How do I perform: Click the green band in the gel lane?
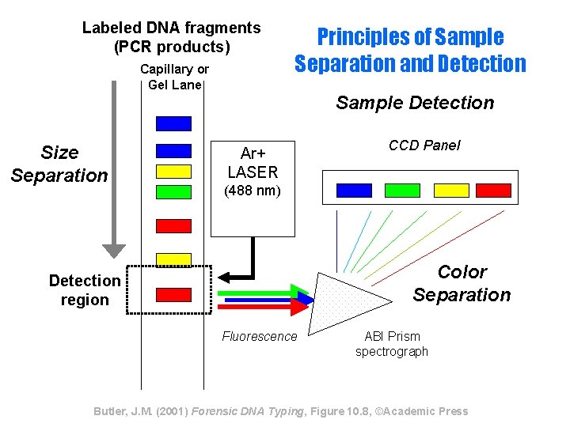click(173, 191)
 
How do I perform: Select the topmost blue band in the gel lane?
click(173, 123)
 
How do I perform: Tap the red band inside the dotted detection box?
click(173, 294)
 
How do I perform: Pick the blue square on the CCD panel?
click(354, 190)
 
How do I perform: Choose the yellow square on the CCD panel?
click(451, 190)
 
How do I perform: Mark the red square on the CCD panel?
click(494, 190)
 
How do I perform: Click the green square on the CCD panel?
click(402, 190)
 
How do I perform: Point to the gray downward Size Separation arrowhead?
click(115, 249)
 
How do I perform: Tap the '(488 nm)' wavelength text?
click(253, 191)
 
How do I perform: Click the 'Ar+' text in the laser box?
click(253, 153)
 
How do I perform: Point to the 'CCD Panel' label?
click(424, 145)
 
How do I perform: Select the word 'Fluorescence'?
click(260, 337)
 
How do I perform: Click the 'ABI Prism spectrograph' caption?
click(391, 344)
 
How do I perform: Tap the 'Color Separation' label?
click(462, 283)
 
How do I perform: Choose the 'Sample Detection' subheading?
click(415, 103)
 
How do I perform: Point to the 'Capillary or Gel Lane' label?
click(174, 77)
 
